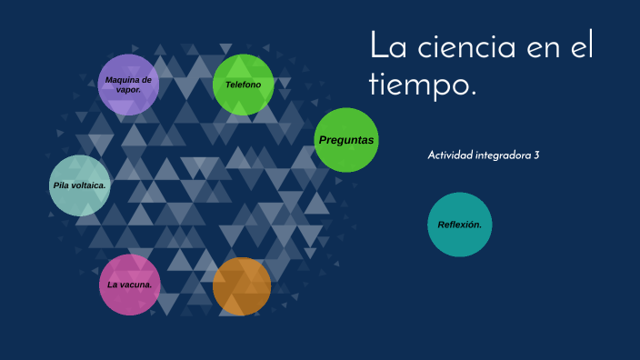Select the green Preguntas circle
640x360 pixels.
346,140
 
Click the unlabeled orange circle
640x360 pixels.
242,286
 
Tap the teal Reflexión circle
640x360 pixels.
460,225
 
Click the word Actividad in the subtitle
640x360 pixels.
450,155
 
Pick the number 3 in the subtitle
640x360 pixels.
536,155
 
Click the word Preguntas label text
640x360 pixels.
346,140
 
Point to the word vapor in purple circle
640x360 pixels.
128,90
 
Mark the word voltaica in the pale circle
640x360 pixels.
90,185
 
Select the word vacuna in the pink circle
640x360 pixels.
139,285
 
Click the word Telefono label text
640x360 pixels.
243,85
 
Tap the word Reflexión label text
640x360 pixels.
459,225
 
